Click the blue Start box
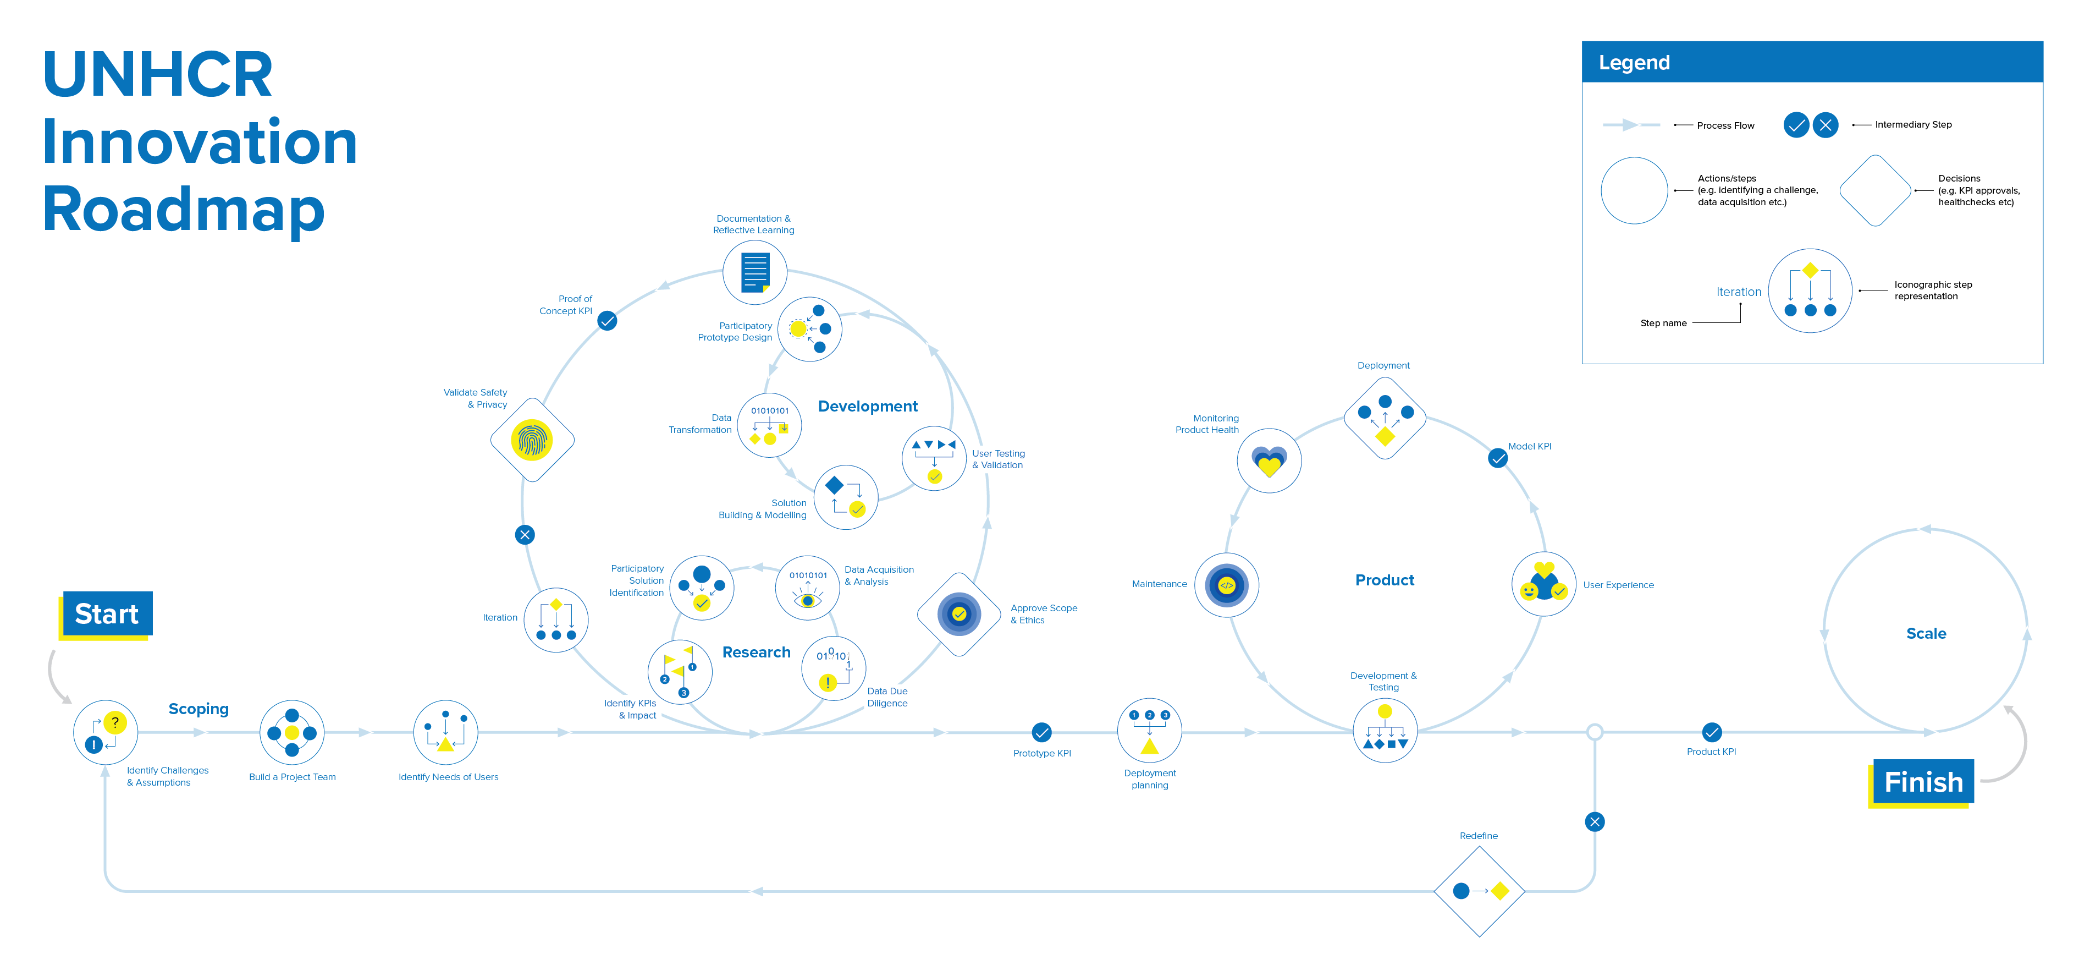click(x=107, y=615)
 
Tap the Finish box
click(x=1922, y=781)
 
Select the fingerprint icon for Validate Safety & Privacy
click(x=532, y=440)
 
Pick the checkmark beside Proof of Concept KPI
click(x=607, y=321)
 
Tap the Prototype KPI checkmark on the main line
click(x=1041, y=732)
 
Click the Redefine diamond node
click(x=1479, y=891)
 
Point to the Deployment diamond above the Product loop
click(x=1385, y=418)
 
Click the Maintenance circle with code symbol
click(x=1226, y=585)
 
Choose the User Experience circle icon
click(x=1543, y=584)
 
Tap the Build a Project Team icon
click(x=292, y=732)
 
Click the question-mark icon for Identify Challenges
click(x=106, y=732)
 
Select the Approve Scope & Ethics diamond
click(x=959, y=615)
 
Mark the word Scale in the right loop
click(x=1926, y=634)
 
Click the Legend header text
click(x=1634, y=63)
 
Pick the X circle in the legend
click(x=1825, y=125)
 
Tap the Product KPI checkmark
click(x=1711, y=732)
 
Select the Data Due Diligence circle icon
click(x=833, y=668)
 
